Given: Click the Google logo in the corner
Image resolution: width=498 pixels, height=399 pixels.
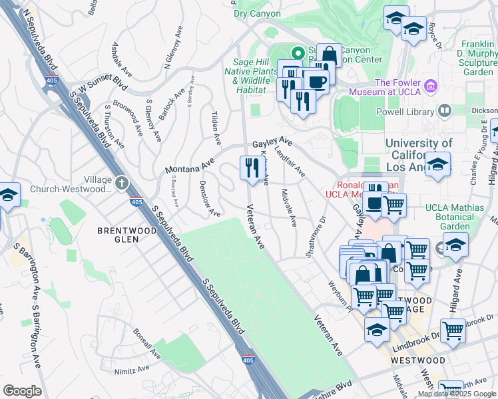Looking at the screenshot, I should tap(22, 391).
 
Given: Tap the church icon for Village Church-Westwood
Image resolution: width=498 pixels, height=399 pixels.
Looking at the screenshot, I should tap(121, 182).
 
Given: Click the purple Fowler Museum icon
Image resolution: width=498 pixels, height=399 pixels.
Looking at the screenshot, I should tap(431, 86).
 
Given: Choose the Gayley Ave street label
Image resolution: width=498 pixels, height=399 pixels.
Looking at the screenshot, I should tap(272, 143).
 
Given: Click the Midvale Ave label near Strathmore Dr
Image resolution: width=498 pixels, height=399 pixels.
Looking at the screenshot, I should tap(289, 207).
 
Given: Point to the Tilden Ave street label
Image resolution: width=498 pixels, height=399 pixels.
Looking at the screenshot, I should tap(216, 128).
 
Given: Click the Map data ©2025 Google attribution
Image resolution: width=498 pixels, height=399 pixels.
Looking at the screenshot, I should tap(457, 394).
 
